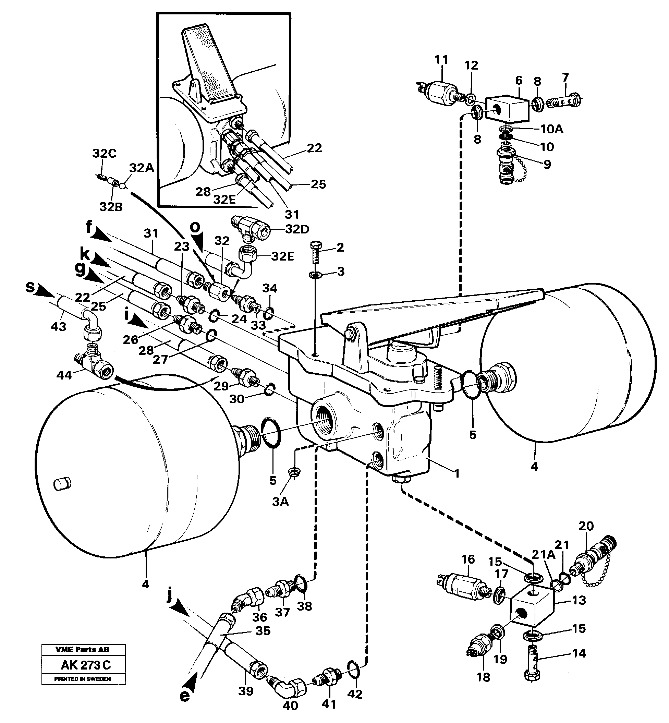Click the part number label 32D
[297, 229]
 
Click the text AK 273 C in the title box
[85, 665]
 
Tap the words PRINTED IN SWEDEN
[83, 679]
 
